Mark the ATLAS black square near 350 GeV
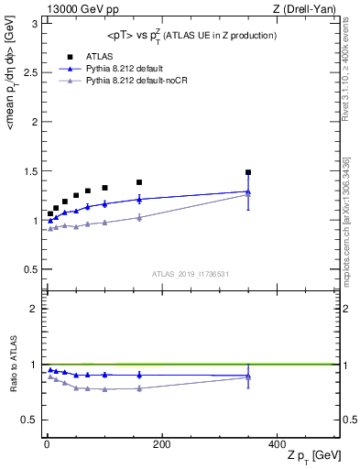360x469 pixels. (x=247, y=172)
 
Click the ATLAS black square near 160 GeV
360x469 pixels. (x=139, y=182)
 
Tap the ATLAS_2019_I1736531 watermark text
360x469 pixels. (x=191, y=274)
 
